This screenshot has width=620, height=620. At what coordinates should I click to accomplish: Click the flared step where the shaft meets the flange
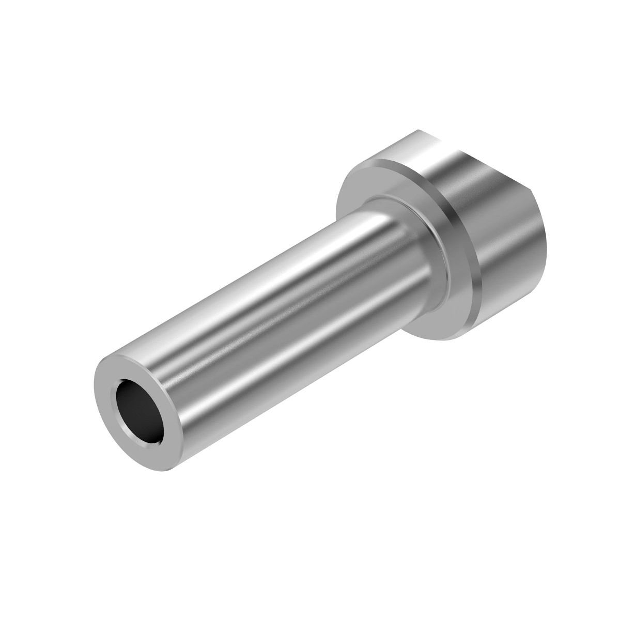coord(413,243)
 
